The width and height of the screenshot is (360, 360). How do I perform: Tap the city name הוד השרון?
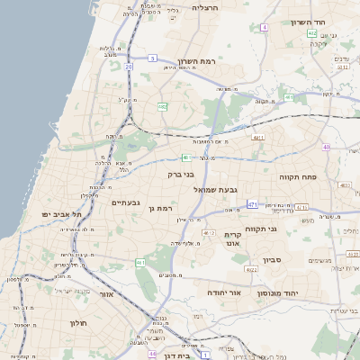(308, 22)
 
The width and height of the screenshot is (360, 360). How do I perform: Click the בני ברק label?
(181, 175)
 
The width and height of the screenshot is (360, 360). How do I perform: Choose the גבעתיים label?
(125, 202)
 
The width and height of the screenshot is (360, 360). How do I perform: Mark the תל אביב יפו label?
(62, 214)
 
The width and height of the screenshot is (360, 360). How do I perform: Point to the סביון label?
(273, 260)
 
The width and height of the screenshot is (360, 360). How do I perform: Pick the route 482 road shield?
(162, 106)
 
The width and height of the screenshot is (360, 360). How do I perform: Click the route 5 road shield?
(153, 58)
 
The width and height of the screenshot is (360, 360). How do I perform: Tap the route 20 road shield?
(130, 67)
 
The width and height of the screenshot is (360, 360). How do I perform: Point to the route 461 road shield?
(140, 262)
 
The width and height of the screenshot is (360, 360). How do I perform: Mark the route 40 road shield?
(326, 147)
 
